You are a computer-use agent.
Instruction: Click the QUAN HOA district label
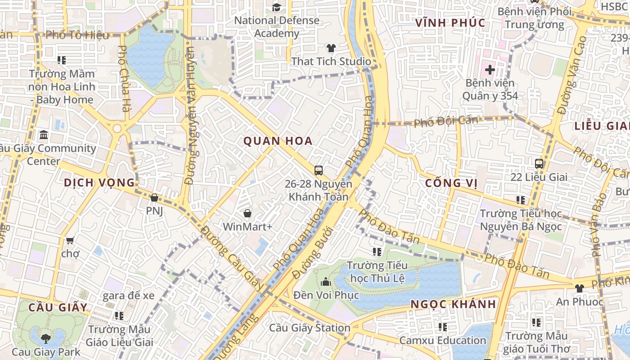click(278, 141)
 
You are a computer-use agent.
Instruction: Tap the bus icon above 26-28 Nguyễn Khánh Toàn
click(319, 170)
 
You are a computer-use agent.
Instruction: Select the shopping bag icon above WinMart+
click(247, 213)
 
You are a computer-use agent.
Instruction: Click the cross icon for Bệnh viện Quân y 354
click(490, 70)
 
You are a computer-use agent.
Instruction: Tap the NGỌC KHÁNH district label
click(453, 305)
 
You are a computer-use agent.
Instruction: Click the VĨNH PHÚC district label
click(450, 23)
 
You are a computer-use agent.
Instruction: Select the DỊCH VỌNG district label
click(99, 183)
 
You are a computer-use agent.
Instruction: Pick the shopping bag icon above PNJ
click(154, 198)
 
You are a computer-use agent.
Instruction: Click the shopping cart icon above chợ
click(70, 241)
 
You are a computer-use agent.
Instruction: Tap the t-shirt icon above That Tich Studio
click(331, 48)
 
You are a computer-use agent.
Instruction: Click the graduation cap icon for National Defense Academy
click(276, 7)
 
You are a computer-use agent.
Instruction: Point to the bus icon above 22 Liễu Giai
click(539, 163)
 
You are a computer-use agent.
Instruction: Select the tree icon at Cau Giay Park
click(46, 338)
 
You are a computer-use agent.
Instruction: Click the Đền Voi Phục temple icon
click(326, 282)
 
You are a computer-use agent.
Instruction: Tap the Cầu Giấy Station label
click(310, 328)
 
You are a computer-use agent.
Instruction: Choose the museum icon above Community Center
click(44, 135)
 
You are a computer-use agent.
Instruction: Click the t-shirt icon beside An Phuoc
click(579, 288)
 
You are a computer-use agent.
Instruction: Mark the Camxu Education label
click(442, 341)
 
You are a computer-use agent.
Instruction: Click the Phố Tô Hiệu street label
click(77, 35)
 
